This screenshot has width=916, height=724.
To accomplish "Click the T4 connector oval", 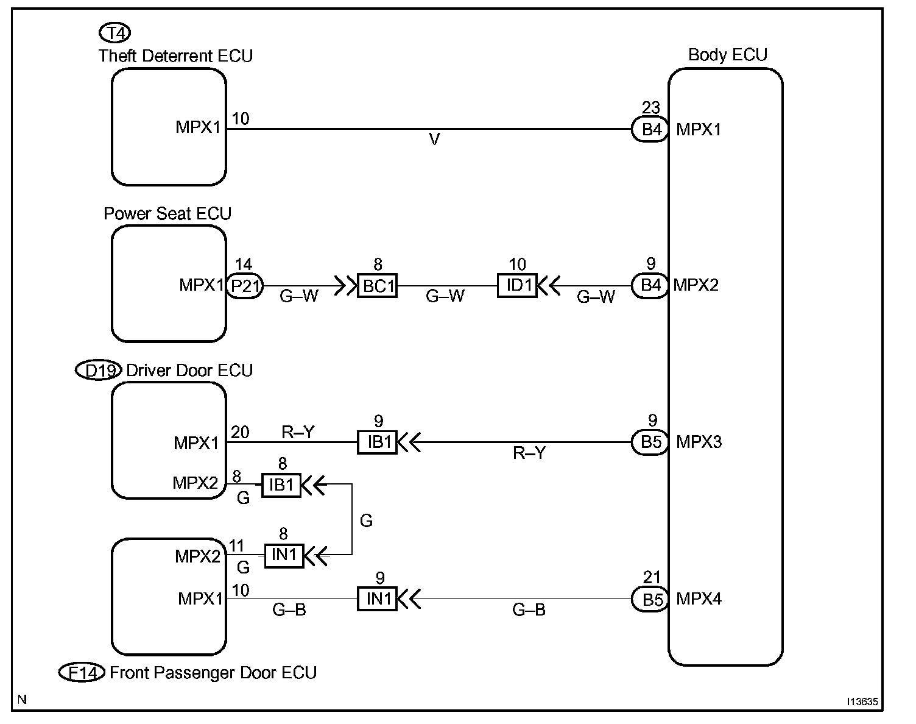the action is pos(114,32).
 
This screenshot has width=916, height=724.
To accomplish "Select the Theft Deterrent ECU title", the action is pos(175,56).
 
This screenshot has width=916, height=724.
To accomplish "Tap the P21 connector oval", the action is pos(245,286).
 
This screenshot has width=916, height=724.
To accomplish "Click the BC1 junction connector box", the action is pos(377,286).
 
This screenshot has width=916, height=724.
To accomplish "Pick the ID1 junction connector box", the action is pos(517,285).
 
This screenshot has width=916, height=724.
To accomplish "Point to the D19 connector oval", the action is pos(99,370).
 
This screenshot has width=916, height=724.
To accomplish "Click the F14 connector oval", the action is pos(82,672).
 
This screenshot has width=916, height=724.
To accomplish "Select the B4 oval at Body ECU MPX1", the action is pos(650,129).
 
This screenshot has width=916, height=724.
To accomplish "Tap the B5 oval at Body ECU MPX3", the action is pos(650,442).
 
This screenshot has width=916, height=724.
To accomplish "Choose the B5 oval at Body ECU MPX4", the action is pos(650,599).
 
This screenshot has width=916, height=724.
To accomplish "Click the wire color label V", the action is pos(434,140).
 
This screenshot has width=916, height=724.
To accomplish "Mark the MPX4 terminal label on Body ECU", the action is pos(699,599).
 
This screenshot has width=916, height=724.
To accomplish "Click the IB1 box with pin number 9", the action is pos(377,442).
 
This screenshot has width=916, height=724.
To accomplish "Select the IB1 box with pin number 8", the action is pos(281,485).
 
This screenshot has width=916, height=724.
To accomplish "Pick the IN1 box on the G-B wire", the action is pos(377,599).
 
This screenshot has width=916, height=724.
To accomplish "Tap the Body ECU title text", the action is pos(727,54).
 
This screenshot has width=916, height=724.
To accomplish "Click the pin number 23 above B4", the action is pos(651,107).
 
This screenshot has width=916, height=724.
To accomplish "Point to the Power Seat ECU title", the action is pos(167,213).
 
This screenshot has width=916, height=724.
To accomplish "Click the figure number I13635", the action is pos(862,701).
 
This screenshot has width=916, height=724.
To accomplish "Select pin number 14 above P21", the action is pos(244,264).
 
